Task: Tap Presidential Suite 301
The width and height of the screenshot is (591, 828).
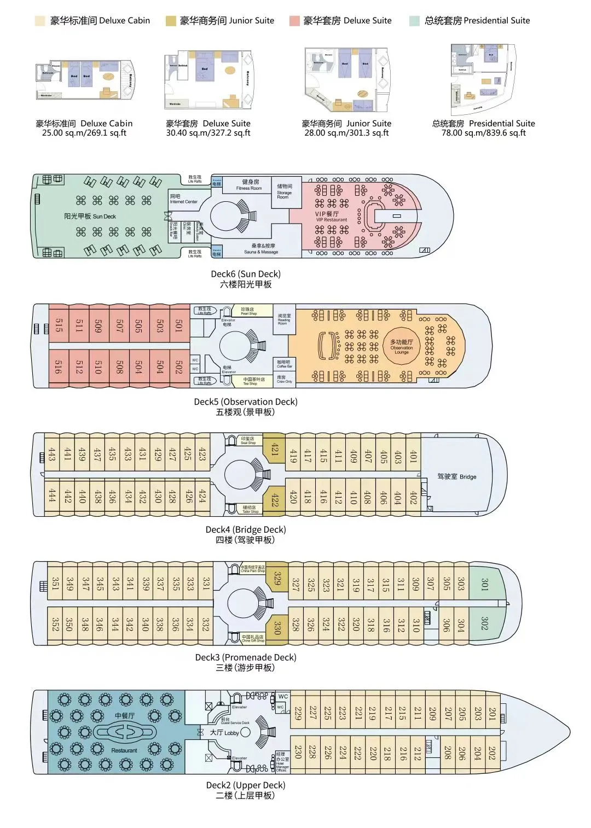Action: click(484, 584)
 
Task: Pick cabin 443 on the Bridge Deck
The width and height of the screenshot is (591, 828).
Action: click(52, 454)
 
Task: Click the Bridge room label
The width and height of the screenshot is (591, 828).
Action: click(456, 476)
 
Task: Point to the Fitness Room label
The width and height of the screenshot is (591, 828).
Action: click(250, 185)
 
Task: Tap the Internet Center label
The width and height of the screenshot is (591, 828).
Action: click(183, 199)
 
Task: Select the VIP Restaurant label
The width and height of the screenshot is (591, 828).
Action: click(329, 217)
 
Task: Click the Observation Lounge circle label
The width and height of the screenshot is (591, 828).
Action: click(402, 347)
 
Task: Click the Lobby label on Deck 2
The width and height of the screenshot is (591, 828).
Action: click(224, 732)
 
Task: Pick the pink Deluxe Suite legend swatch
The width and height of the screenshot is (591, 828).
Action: click(295, 21)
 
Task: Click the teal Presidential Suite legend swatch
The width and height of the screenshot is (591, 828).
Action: click(414, 21)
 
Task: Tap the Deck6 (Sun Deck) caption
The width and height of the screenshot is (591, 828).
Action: click(246, 274)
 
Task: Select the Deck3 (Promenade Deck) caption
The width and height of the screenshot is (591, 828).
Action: click(246, 657)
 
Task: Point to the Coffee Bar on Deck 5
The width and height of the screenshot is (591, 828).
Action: click(284, 364)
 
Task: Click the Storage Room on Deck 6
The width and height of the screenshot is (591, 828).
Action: click(285, 191)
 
